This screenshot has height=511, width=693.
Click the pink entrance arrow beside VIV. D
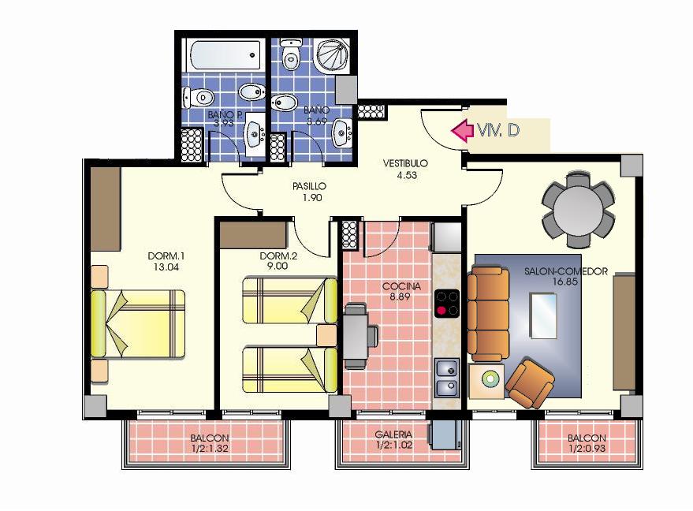point(461,131)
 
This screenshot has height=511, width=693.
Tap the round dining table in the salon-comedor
point(578,211)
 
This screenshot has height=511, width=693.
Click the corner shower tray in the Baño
point(333,55)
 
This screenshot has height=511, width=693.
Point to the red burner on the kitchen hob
point(441,311)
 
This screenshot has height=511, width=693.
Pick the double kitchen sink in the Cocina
point(447,378)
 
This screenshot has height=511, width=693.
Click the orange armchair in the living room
point(529,383)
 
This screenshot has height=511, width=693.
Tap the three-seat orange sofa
point(488,314)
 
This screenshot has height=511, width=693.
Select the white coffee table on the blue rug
point(543,316)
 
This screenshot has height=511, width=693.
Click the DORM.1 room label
point(166,256)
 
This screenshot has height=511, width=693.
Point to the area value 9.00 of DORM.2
point(277,266)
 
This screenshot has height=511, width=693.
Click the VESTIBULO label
point(406,163)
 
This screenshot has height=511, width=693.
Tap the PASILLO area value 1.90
point(312,198)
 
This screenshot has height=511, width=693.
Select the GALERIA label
point(393,435)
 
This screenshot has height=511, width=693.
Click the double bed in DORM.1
point(138,323)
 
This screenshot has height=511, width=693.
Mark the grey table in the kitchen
point(356,336)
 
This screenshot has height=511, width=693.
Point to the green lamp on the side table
point(490,379)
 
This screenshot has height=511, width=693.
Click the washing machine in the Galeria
point(445,433)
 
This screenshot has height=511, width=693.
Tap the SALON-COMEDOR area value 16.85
point(565,282)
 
